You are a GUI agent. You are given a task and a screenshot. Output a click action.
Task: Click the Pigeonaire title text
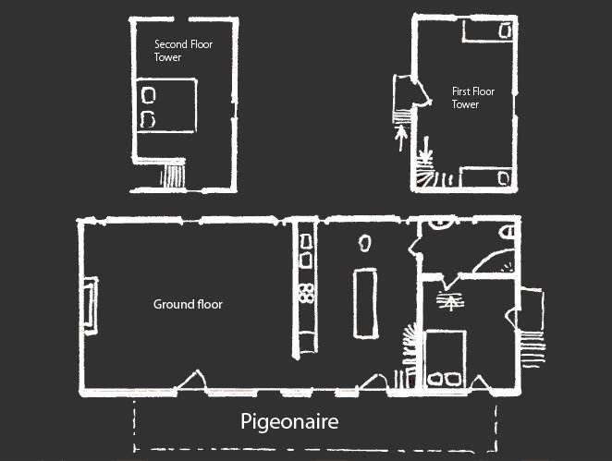pos(289,422)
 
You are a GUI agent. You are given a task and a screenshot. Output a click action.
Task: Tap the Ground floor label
pos(188,304)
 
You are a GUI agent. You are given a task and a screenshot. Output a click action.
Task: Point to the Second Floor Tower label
pos(183,50)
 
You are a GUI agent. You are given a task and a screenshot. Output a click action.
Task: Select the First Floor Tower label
pos(473,98)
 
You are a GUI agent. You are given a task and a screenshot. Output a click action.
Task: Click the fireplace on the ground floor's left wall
pos(91,306)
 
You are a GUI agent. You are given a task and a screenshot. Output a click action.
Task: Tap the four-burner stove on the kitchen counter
pos(306,293)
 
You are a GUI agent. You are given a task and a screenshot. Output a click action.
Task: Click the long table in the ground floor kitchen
pos(366,303)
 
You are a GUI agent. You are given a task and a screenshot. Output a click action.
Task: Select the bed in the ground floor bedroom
pos(446,358)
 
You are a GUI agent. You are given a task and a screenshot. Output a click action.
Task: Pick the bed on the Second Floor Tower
pos(166,105)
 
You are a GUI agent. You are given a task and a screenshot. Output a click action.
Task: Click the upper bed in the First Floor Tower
pos(488,30)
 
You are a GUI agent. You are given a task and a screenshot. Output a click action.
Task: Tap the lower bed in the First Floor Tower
pos(486,177)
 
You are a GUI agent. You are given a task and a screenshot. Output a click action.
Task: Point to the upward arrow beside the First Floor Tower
pos(401,138)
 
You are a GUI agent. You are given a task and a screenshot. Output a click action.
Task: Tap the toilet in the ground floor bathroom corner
pos(507,232)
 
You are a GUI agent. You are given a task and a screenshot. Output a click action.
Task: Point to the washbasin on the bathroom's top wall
pos(440,223)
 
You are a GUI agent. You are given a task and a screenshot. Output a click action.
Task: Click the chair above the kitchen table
pos(365,243)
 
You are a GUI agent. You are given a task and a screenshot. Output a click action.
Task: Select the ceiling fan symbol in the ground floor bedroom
pos(450,300)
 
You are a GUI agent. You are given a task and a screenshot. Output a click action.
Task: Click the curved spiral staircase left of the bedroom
pos(409,346)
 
